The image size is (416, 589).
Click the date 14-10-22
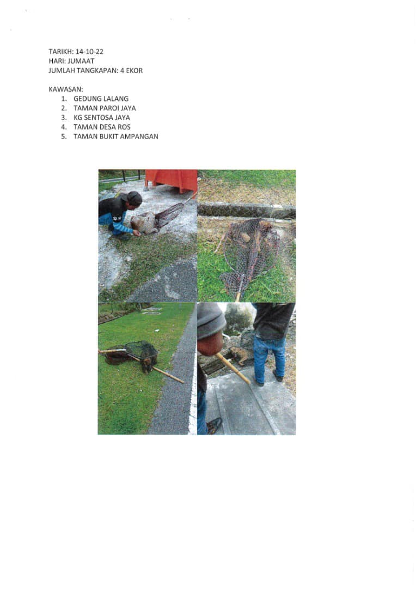[89, 52]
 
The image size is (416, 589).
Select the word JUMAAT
[81, 61]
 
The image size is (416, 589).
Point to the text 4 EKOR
[131, 70]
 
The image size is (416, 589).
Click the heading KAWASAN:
[66, 89]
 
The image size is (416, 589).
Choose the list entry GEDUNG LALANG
[101, 99]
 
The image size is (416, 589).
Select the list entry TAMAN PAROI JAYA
[105, 108]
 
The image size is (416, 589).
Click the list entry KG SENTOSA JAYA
[102, 118]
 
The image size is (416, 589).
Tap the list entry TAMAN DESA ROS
[102, 127]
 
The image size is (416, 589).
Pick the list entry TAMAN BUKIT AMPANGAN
[116, 136]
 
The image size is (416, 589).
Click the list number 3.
[64, 118]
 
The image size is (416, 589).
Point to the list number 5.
[64, 136]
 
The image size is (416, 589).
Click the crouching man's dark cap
[134, 197]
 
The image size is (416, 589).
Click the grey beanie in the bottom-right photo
[210, 320]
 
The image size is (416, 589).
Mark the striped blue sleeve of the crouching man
[121, 224]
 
